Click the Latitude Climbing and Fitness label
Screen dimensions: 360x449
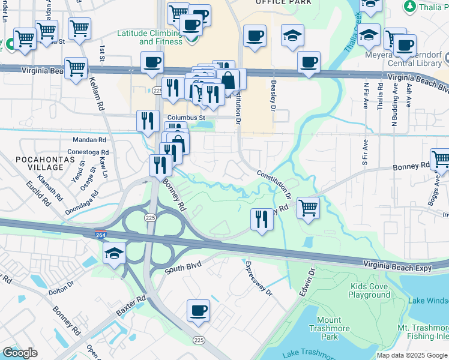point(152,37)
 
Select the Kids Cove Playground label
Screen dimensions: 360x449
point(369,290)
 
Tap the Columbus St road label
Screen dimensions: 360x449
point(186,118)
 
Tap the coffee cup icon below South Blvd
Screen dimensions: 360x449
point(198,311)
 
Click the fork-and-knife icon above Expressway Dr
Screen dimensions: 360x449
point(262,218)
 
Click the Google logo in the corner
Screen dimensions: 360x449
point(20,353)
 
